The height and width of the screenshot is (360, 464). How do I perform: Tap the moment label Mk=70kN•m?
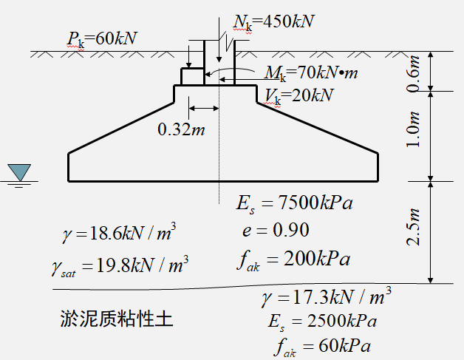tap(310, 73)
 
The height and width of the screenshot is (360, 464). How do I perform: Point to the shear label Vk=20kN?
tap(298, 95)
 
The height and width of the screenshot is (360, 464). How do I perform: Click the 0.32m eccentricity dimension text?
tap(182, 130)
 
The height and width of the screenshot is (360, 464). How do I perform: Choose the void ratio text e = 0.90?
tap(275, 230)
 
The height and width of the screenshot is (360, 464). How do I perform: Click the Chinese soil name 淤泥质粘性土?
tap(117, 320)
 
